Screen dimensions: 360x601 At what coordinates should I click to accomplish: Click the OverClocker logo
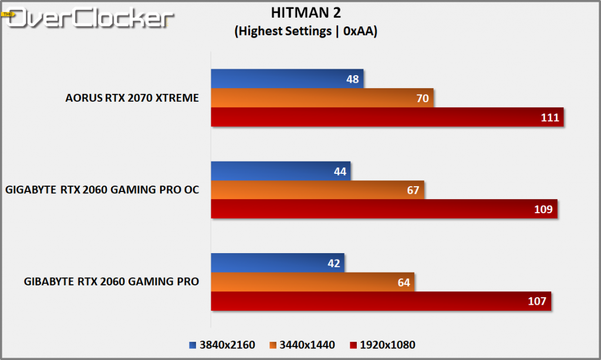(88, 18)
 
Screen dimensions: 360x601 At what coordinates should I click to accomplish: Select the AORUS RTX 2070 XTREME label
(132, 98)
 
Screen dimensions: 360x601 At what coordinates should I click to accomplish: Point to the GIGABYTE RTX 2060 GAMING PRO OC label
(102, 190)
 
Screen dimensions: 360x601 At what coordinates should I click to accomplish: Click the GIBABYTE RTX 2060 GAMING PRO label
(112, 281)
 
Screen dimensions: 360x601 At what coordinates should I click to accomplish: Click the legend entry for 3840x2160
(223, 345)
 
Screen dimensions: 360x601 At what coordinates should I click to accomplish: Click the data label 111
(549, 117)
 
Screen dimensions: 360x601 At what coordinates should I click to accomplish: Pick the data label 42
(334, 263)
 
